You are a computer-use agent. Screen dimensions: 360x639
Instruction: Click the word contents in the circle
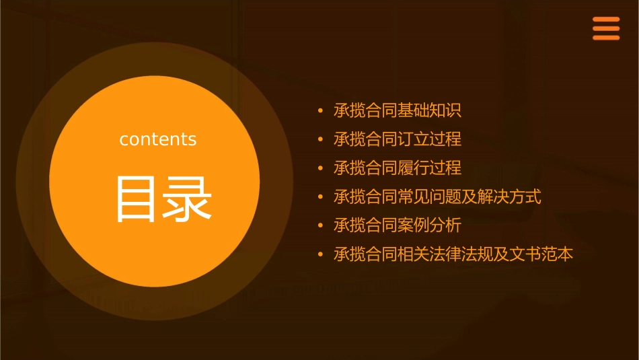[158, 139]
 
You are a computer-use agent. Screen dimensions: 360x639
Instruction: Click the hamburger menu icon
[605, 29]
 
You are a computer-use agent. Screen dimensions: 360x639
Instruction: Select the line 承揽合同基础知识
[398, 111]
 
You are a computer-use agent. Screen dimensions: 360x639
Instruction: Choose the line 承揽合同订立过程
[398, 139]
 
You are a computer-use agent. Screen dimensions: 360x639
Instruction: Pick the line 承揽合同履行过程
[398, 168]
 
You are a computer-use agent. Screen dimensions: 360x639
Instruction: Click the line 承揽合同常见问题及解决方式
[437, 197]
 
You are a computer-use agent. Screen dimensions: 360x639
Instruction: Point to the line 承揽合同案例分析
[398, 225]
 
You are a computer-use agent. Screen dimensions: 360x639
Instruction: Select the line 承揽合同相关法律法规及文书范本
[453, 254]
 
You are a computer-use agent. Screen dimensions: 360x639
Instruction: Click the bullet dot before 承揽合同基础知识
[321, 111]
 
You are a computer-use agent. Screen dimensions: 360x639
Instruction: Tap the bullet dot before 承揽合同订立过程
[321, 140]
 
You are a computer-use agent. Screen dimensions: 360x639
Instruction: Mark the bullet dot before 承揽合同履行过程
[321, 168]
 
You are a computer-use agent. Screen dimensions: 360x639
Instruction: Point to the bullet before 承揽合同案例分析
[321, 226]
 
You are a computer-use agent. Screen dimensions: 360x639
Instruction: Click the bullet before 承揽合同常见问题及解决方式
[321, 197]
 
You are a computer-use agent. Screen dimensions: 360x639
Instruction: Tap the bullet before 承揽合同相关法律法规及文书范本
[321, 255]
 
